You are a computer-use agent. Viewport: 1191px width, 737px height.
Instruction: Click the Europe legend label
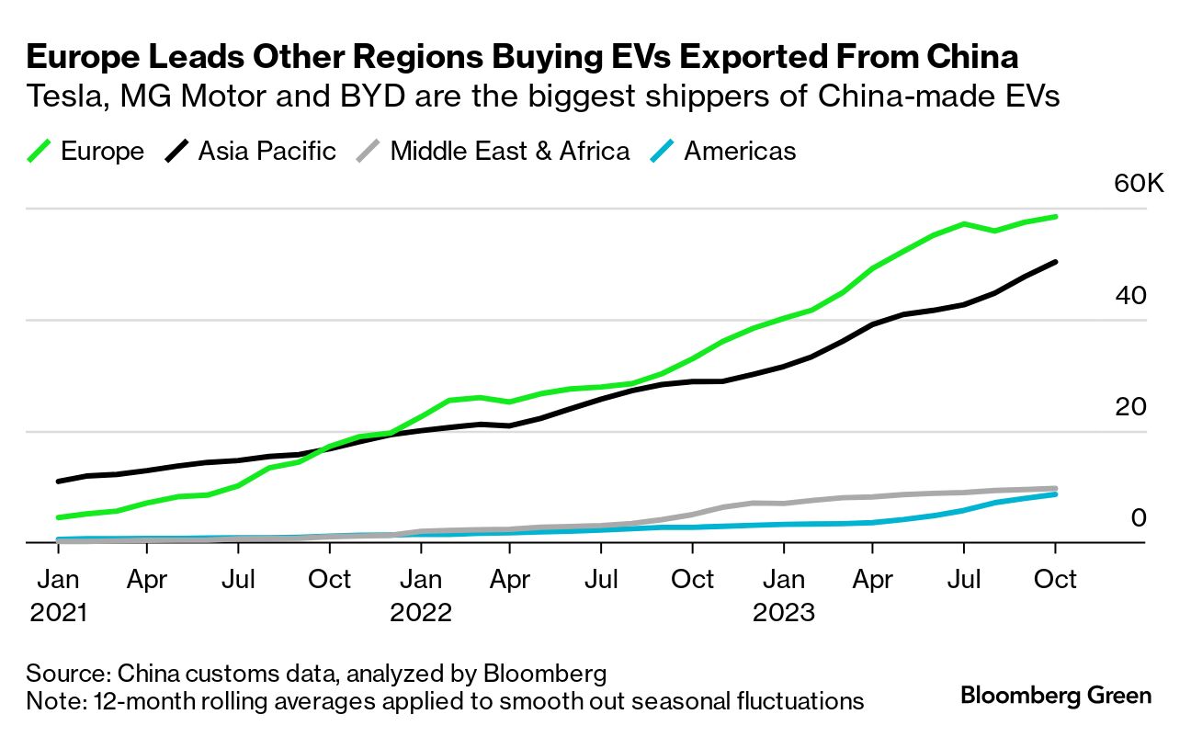click(102, 152)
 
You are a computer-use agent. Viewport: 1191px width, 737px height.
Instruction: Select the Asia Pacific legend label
click(267, 152)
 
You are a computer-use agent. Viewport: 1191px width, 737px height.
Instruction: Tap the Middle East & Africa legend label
click(510, 152)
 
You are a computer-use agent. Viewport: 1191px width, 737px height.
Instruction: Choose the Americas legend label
click(740, 152)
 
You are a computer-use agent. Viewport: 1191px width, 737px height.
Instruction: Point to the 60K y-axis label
click(1138, 184)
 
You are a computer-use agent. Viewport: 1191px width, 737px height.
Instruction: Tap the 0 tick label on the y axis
click(1139, 517)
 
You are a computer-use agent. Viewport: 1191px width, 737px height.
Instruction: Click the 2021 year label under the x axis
click(58, 613)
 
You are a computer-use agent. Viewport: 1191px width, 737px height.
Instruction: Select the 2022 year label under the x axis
click(421, 613)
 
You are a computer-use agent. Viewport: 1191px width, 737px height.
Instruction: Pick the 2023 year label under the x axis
click(784, 613)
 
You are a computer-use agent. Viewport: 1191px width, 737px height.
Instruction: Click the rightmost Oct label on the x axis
click(1055, 580)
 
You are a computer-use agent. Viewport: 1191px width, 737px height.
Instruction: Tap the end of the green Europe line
click(1055, 217)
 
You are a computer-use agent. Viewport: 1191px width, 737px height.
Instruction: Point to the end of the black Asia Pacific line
click(1055, 262)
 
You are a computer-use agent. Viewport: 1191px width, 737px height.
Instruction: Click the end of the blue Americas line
click(1055, 494)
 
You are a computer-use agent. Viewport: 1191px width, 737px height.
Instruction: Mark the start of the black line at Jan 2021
click(59, 481)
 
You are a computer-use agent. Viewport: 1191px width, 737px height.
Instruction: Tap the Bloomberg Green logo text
click(1055, 695)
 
